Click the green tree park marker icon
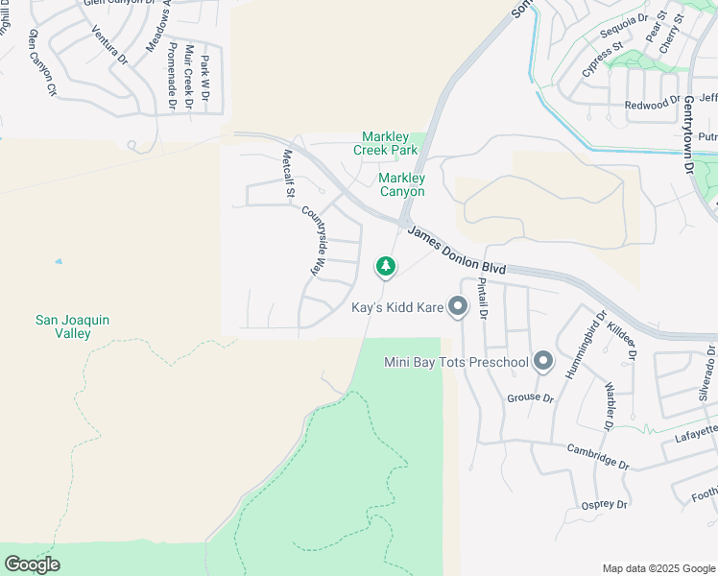point(385,265)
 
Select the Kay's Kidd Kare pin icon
point(458,307)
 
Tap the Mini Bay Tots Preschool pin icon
point(543,362)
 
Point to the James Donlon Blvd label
point(456,249)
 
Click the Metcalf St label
point(286,174)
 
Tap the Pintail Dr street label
point(483,300)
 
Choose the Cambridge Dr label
point(597,456)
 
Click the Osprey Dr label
point(604,504)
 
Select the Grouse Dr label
point(530,397)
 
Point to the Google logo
point(31,564)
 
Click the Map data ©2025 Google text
point(658,568)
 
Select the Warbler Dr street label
point(610,408)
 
